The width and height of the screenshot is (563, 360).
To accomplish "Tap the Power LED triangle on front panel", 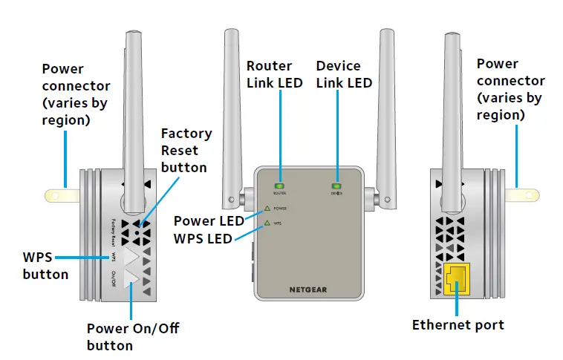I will point(267,209).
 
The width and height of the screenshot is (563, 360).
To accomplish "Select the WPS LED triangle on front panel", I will point(267,222).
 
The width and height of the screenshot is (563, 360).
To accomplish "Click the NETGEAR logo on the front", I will point(309,290).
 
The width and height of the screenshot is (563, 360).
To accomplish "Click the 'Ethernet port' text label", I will point(458,325).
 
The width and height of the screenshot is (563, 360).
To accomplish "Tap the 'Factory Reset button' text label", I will point(186,150).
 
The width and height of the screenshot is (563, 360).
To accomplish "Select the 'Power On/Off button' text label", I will point(132,336).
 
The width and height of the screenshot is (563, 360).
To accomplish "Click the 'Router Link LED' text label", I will point(274,74).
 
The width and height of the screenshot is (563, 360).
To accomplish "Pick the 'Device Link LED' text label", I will point(344,74).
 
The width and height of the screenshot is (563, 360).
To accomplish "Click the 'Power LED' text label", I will point(209,220).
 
